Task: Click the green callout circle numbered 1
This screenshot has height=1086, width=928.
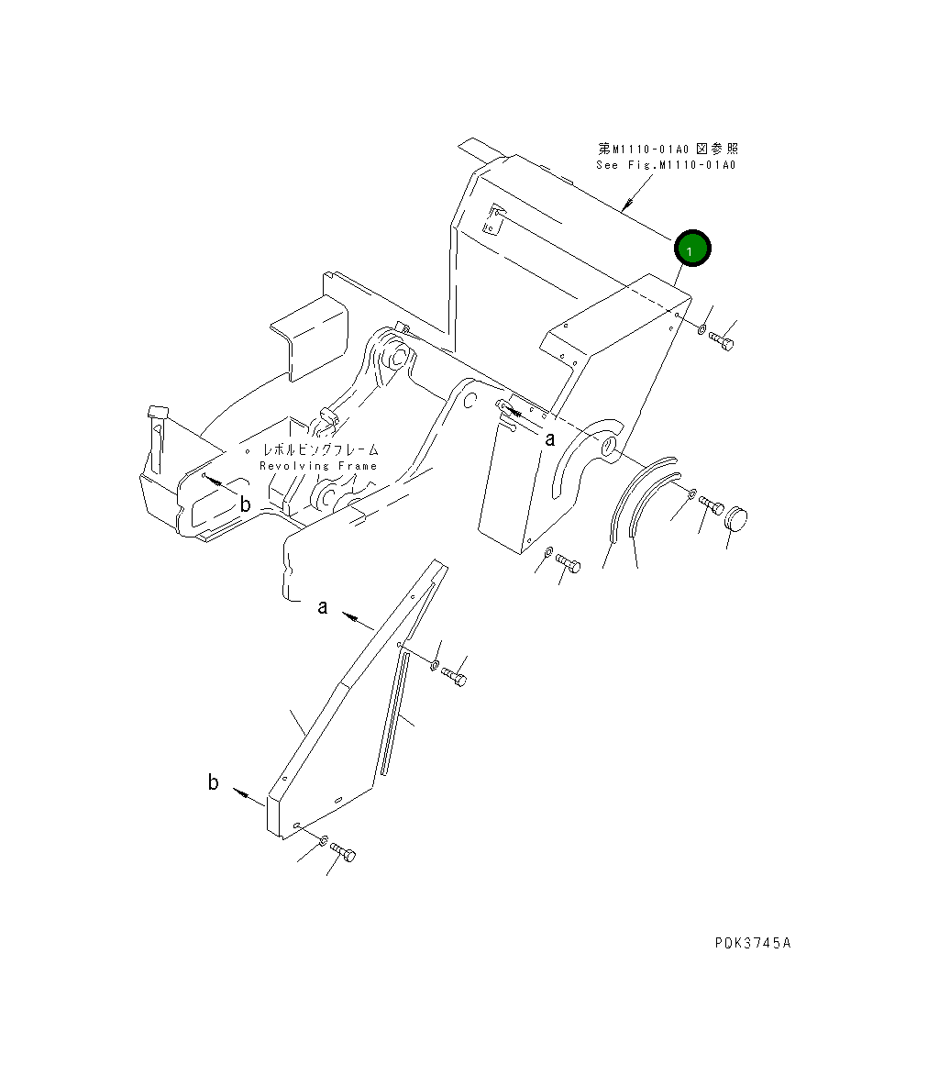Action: tap(692, 249)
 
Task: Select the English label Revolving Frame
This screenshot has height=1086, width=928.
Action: tap(317, 466)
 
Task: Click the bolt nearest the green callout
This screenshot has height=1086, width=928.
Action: tap(723, 341)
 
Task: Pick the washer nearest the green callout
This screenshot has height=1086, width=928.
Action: tap(702, 328)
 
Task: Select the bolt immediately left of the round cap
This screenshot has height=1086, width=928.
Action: tap(712, 504)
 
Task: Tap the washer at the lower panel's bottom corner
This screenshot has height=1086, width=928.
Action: tap(325, 839)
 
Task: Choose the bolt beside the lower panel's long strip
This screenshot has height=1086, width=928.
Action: tap(453, 676)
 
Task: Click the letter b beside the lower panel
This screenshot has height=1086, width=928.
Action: tap(214, 782)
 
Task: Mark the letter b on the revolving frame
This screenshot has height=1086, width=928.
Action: tap(245, 504)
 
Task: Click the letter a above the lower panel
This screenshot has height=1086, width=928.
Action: tap(323, 606)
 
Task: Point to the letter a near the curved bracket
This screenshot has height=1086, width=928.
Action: tap(550, 438)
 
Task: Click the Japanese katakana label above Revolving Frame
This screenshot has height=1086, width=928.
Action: tap(320, 450)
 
